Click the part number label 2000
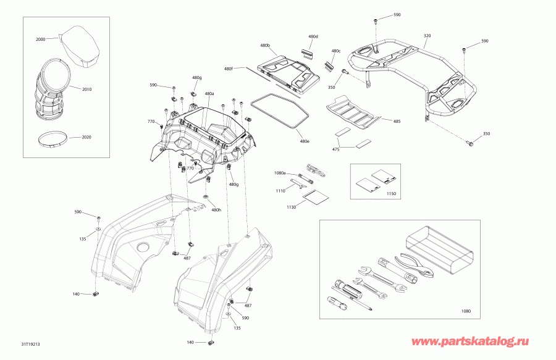click(40, 40)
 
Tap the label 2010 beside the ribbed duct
click(87, 90)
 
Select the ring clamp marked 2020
click(52, 139)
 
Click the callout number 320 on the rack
click(428, 36)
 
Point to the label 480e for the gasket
click(304, 141)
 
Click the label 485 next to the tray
click(397, 122)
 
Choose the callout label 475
click(336, 149)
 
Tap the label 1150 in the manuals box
click(391, 194)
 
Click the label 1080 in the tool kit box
click(466, 311)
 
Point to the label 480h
click(216, 210)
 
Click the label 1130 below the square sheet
click(291, 207)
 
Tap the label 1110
click(280, 191)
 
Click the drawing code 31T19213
click(30, 344)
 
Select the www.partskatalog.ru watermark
click(470, 341)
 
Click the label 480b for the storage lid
click(265, 46)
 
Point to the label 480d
click(313, 36)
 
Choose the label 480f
click(229, 69)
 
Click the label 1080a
click(280, 173)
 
